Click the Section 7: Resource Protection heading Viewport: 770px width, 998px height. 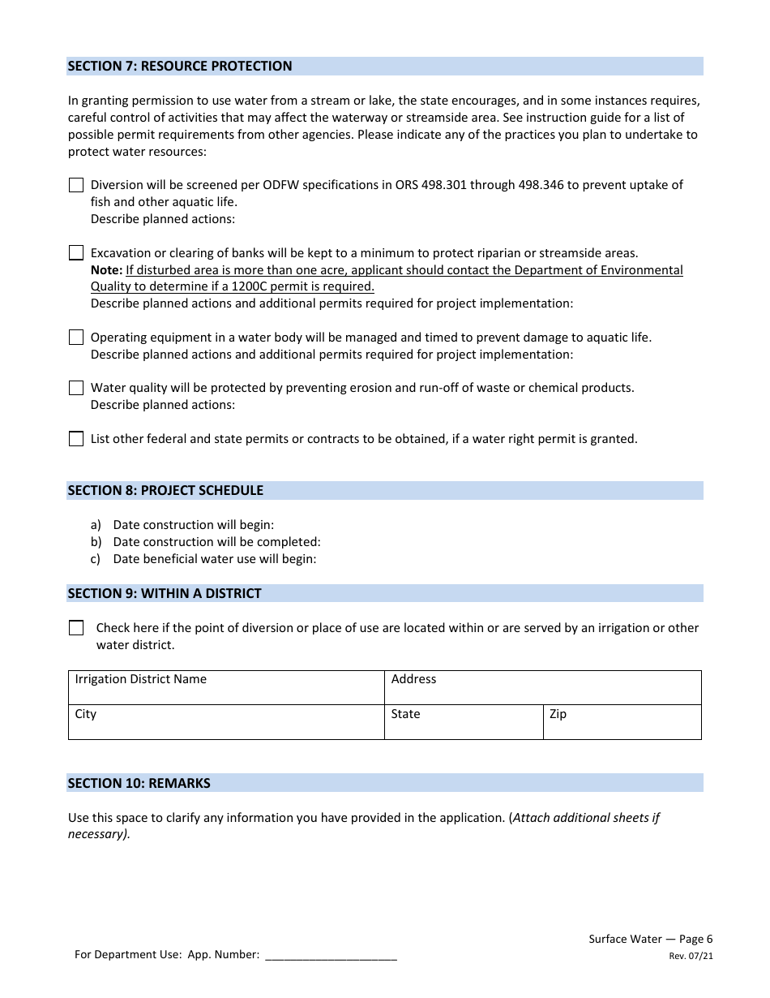[180, 66]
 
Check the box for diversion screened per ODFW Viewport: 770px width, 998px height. [76, 185]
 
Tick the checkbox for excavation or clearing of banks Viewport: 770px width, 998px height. [76, 253]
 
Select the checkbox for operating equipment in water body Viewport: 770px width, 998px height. [76, 338]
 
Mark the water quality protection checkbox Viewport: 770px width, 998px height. [76, 388]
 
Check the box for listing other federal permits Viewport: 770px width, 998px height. [76, 439]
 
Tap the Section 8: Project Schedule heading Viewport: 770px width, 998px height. [165, 490]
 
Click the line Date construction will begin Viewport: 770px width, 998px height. [193, 525]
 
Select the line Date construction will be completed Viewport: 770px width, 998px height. [216, 542]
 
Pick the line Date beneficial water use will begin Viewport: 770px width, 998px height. [214, 559]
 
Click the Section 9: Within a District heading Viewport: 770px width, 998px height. [165, 593]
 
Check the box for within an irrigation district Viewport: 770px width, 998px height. [76, 628]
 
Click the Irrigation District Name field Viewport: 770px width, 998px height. [226, 688]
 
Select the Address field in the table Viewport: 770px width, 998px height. [542, 688]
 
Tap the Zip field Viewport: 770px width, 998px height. [622, 722]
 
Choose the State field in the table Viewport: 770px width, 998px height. [464, 722]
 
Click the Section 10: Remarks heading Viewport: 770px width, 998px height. [139, 783]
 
